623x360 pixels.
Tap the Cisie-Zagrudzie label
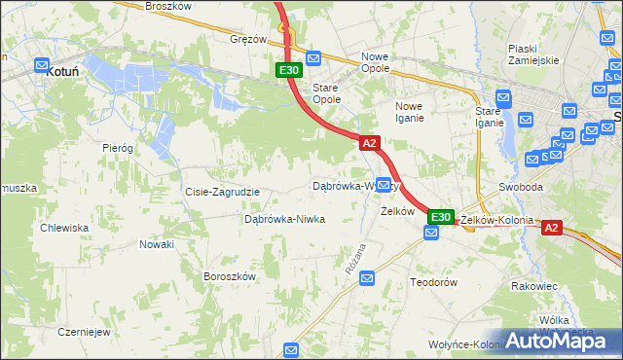(x=222, y=192)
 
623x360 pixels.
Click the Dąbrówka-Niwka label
(x=284, y=219)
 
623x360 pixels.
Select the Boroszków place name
(x=229, y=276)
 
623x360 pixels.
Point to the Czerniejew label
(x=83, y=331)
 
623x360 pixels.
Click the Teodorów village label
(x=433, y=281)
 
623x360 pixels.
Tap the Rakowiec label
(x=533, y=286)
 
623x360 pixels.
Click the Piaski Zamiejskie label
(x=532, y=54)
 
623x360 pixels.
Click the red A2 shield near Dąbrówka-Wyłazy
(x=369, y=143)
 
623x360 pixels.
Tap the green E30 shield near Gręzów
(x=288, y=70)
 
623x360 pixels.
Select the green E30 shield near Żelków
(x=441, y=217)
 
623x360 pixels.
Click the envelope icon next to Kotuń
(x=42, y=66)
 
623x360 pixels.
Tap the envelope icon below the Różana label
(x=367, y=279)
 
